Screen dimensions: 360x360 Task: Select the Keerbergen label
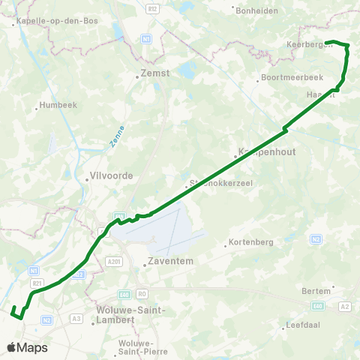304,44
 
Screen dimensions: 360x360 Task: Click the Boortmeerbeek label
286,78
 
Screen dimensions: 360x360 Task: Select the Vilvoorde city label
111,175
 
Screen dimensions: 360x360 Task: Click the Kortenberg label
251,242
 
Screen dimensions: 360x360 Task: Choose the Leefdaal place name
303,326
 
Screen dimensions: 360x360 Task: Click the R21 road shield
37,282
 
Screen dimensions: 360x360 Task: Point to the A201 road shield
114,261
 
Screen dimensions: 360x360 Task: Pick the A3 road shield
76,319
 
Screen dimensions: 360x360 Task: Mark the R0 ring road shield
142,294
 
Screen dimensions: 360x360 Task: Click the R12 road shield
154,7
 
